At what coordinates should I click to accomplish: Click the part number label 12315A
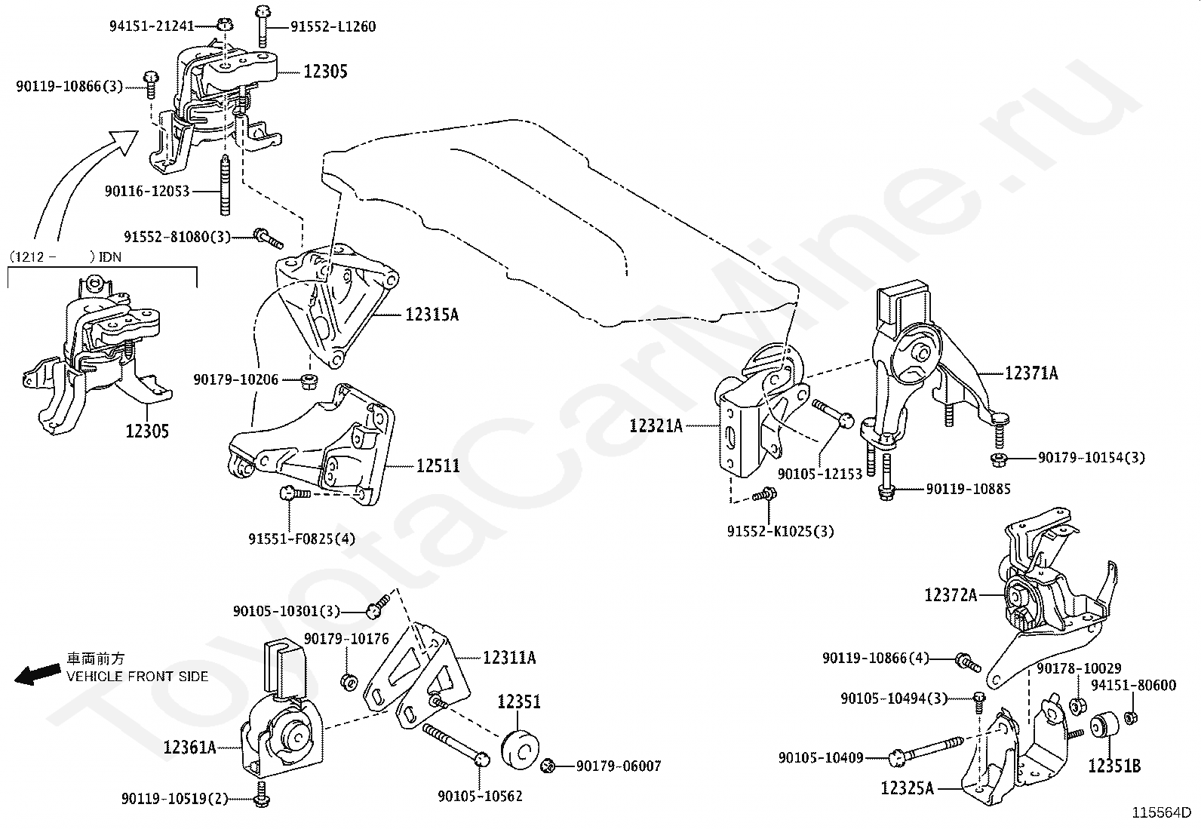click(432, 315)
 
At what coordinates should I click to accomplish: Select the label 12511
click(438, 466)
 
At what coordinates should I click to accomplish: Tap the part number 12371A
click(1031, 373)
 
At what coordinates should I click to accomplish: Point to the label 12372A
click(951, 595)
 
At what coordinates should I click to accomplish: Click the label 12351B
click(1114, 766)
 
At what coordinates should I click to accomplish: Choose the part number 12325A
click(908, 789)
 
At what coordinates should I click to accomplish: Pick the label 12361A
click(189, 748)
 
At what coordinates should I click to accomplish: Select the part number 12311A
click(509, 658)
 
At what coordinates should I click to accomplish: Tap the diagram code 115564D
click(1161, 813)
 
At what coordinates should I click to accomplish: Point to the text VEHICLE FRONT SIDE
click(137, 677)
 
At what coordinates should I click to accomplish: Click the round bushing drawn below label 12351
click(519, 745)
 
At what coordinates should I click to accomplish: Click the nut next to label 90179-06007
click(548, 767)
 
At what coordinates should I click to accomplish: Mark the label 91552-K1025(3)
click(781, 532)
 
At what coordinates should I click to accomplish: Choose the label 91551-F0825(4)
click(302, 539)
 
